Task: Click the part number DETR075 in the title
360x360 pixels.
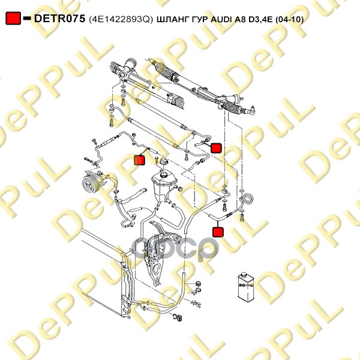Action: [x=59, y=19]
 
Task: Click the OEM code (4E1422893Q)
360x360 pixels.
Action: [x=121, y=19]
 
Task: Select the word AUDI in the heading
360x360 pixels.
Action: [x=221, y=19]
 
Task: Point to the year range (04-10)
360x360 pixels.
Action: [x=289, y=19]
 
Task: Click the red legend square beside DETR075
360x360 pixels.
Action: [x=13, y=19]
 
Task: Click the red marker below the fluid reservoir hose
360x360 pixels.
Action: [x=218, y=232]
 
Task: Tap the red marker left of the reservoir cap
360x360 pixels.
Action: [x=140, y=160]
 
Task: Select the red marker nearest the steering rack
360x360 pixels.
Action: [x=216, y=148]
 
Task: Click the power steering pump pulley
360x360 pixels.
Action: [x=88, y=184]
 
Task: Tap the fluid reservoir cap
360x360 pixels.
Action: [x=164, y=162]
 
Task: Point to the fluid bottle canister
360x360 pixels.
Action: [x=245, y=286]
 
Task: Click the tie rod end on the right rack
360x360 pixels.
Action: [x=251, y=110]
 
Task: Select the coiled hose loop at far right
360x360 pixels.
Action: [x=248, y=199]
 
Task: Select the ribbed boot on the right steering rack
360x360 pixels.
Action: [x=233, y=108]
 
